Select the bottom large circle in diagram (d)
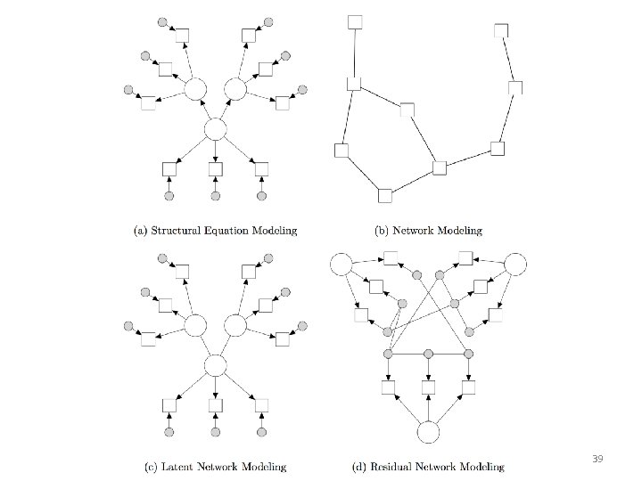click(429, 432)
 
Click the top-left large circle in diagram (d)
click(342, 265)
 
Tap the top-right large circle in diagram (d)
click(515, 265)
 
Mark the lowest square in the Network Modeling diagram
click(385, 195)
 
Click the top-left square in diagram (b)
click(355, 21)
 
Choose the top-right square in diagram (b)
click(501, 30)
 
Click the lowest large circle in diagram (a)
click(215, 130)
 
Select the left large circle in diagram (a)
click(194, 90)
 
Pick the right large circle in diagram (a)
click(235, 90)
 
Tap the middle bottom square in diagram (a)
click(215, 168)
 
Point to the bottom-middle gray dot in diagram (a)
click(215, 196)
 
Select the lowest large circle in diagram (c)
click(215, 365)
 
